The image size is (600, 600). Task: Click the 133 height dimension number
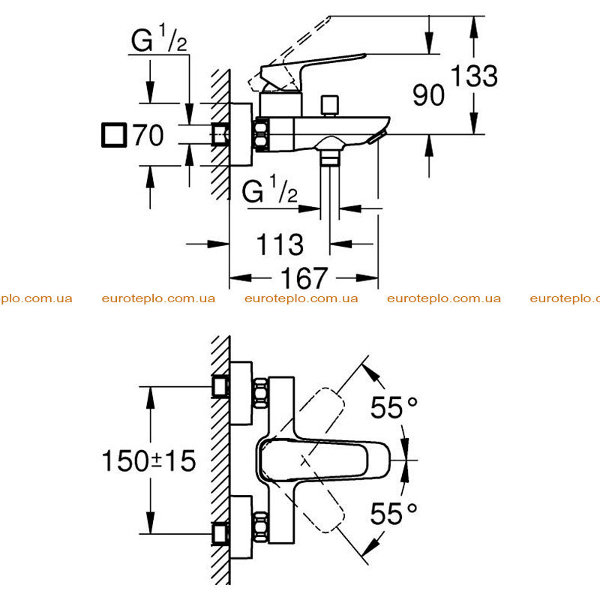(474, 76)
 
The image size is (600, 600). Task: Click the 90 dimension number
(428, 95)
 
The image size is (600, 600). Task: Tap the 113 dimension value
(280, 244)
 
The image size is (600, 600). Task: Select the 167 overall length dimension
(304, 277)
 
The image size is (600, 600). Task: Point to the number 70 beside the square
(148, 135)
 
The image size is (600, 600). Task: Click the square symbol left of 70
(114, 135)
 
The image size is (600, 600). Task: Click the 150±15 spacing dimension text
(148, 460)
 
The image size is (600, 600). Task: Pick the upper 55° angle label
(394, 407)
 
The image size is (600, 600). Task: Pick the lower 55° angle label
(394, 513)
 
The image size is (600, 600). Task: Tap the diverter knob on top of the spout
(329, 105)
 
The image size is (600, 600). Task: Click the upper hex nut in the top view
(261, 393)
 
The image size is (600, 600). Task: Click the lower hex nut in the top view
(261, 526)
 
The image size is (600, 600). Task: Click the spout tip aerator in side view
(377, 137)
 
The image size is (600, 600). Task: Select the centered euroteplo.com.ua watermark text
(301, 298)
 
